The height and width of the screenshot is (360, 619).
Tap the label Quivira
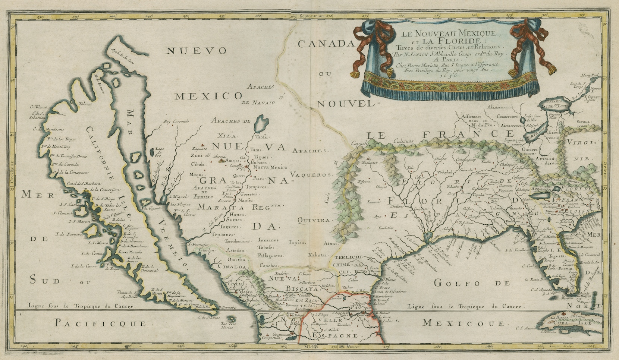(314, 220)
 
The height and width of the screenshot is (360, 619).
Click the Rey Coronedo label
(177, 121)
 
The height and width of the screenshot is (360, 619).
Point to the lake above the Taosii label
(262, 123)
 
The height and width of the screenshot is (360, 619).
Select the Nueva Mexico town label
(270, 168)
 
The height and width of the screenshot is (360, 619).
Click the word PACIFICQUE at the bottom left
(100, 323)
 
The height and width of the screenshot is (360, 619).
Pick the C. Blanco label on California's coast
(38, 107)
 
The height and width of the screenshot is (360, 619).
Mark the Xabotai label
(317, 255)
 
